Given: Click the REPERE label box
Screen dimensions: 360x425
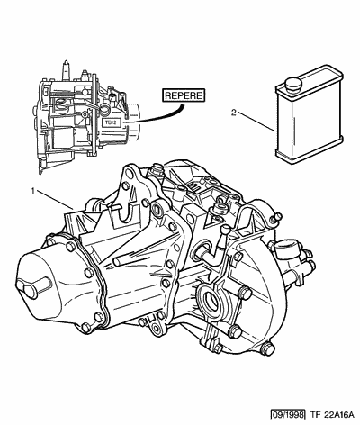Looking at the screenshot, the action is point(184,95).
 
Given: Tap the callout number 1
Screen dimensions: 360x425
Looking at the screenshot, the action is point(33,191).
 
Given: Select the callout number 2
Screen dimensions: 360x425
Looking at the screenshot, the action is point(234,113).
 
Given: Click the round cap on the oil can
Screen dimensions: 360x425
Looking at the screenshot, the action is point(293,83).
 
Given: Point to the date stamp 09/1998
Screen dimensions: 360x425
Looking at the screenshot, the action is point(288,414).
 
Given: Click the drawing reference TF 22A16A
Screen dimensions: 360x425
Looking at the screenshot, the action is point(330,414).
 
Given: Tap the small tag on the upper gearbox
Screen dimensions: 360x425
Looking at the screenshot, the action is point(112,122).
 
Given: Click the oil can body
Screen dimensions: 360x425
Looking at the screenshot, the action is point(309,114).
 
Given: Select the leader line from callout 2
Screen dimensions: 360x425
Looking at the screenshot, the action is point(256,122).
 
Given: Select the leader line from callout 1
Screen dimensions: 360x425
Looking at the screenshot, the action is point(56,200).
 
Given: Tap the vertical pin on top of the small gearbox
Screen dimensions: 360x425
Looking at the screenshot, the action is point(66,71).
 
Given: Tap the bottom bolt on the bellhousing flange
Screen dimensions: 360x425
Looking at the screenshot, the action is point(267,348).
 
